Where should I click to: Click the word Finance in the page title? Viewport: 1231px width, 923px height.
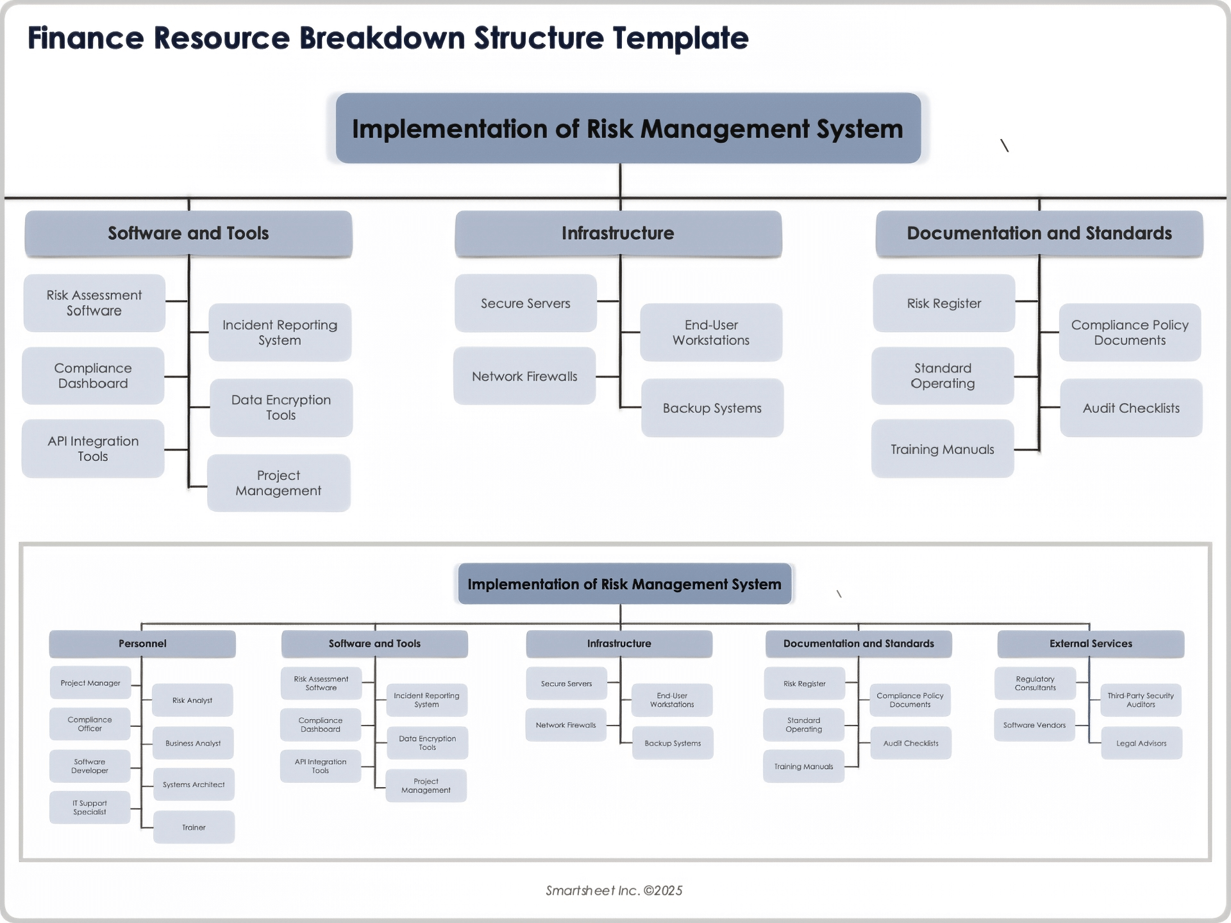tap(86, 38)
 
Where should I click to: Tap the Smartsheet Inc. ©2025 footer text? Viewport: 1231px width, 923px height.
tap(614, 890)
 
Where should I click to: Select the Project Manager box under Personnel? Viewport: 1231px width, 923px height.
tap(90, 683)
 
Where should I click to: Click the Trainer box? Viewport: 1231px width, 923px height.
tap(194, 827)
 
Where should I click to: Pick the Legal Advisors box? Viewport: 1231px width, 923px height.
tap(1141, 744)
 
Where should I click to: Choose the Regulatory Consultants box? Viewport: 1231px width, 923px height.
tap(1035, 683)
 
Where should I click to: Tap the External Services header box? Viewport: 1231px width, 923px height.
tap(1091, 644)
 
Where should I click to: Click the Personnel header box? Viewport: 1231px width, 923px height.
tap(142, 644)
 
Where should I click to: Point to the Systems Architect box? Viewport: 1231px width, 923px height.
tap(194, 785)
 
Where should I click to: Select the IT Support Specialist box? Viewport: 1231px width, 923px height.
tap(90, 808)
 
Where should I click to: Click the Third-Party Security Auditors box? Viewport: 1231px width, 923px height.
tap(1141, 700)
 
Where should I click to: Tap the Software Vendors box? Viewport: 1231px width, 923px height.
tap(1034, 726)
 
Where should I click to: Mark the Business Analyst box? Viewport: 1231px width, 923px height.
tap(193, 744)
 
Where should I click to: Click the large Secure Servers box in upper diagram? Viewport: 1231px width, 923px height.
tap(526, 303)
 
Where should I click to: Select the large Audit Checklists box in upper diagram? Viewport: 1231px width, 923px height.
tap(1131, 408)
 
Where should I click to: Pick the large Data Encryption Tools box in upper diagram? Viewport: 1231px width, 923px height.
tap(281, 408)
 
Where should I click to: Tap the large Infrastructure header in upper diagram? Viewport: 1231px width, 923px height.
tap(618, 233)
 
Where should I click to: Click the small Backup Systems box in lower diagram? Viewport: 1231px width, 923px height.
tap(673, 744)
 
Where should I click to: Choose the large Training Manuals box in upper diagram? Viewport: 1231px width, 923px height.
tap(942, 449)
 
